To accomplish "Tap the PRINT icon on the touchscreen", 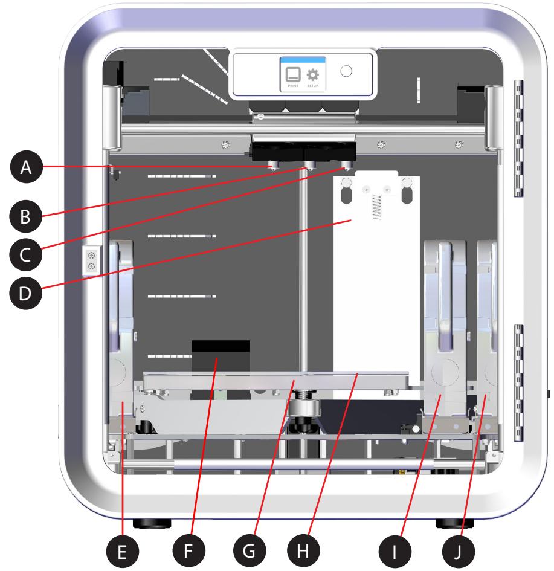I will point(293,77).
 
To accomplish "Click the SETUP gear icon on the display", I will point(313,77).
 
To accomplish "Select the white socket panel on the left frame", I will point(91,260).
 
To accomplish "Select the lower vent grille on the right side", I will point(518,382).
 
